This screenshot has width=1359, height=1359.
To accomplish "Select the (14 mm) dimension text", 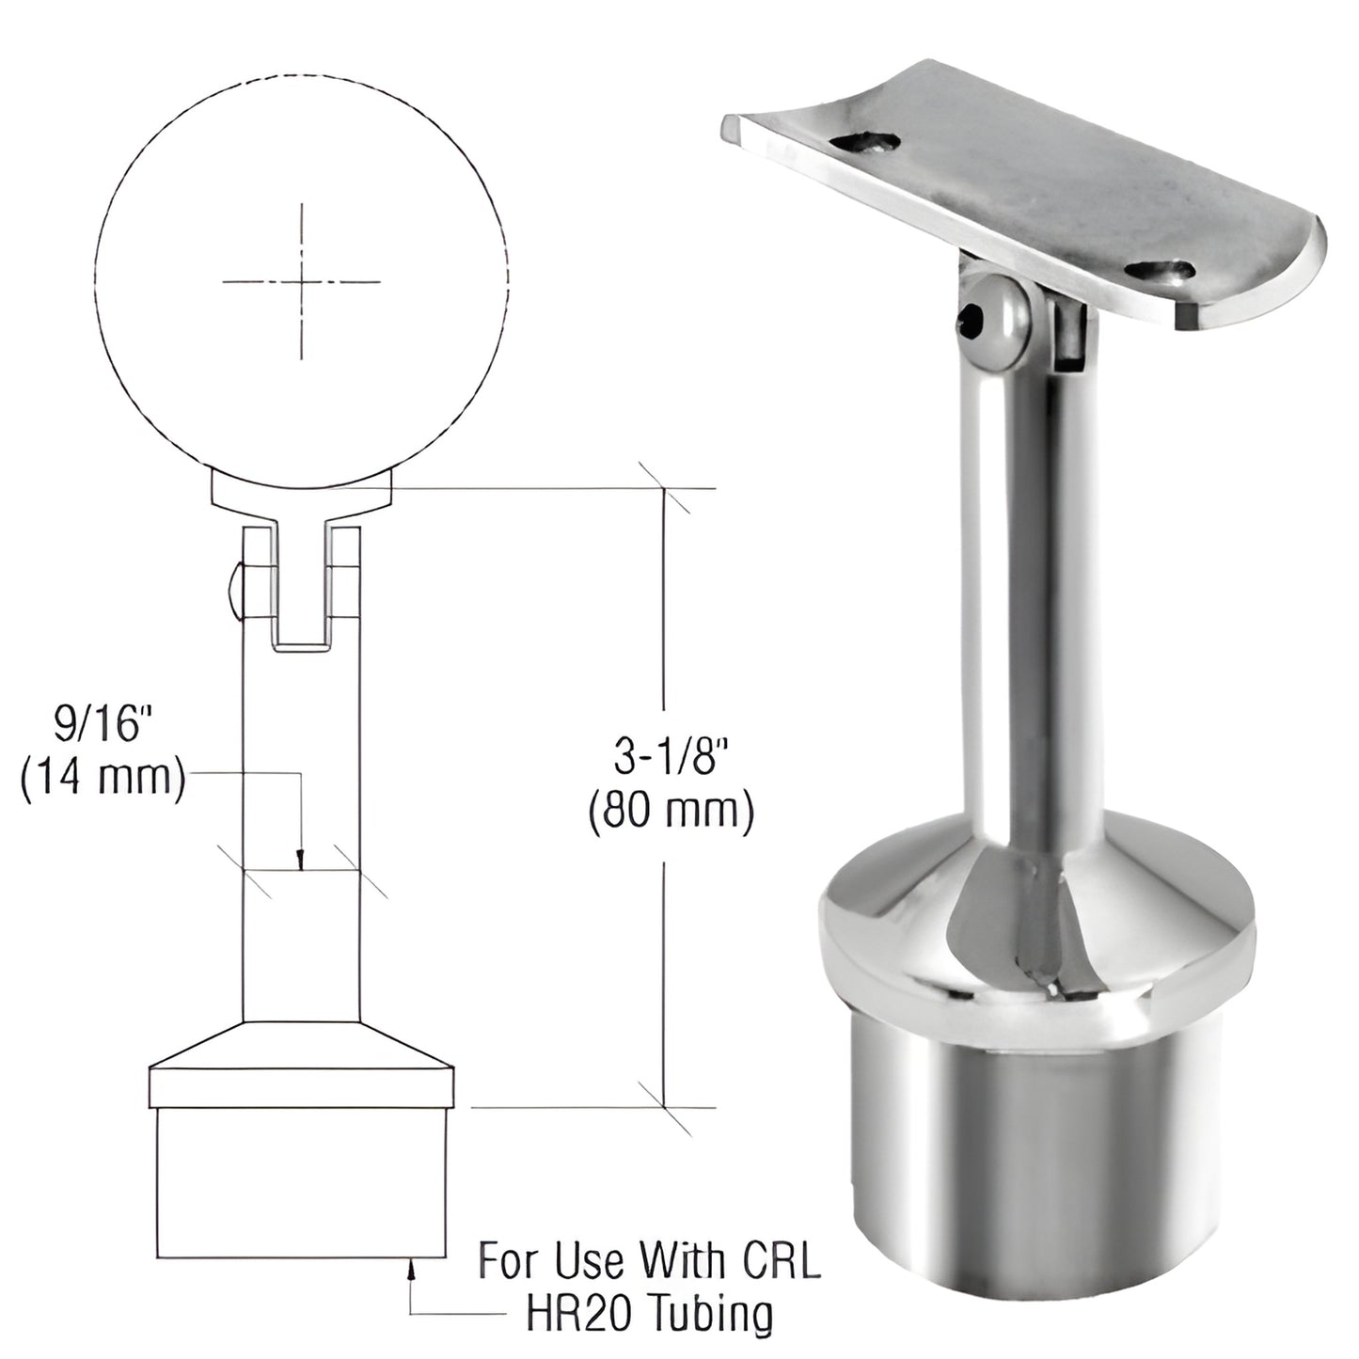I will tap(102, 781).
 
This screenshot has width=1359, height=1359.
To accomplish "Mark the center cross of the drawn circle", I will tap(301, 281).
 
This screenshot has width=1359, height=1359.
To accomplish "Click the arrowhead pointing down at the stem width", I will tap(299, 861).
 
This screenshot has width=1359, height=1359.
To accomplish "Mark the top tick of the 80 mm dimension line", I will tap(665, 489).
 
